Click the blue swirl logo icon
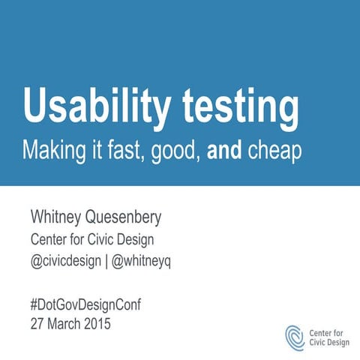[x=295, y=334]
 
